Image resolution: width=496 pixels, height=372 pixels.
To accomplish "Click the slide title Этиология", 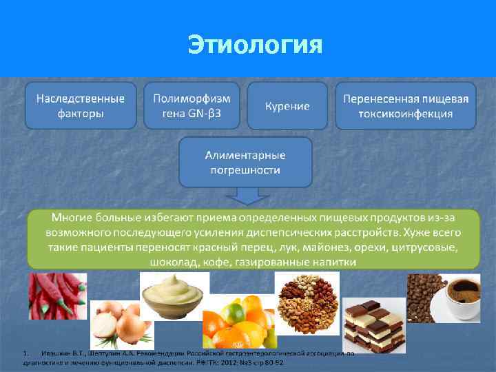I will click(255, 45).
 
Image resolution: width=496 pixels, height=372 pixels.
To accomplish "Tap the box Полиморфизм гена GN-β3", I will click(192, 105).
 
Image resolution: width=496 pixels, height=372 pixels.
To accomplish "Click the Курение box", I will click(287, 106).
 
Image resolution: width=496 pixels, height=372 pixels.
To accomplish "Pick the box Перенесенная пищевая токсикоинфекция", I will click(405, 105).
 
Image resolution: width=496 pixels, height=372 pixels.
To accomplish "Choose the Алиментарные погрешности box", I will click(245, 161).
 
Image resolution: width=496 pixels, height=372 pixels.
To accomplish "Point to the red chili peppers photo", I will click(56, 296).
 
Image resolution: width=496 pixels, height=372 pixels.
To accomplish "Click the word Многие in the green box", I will click(71, 217).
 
